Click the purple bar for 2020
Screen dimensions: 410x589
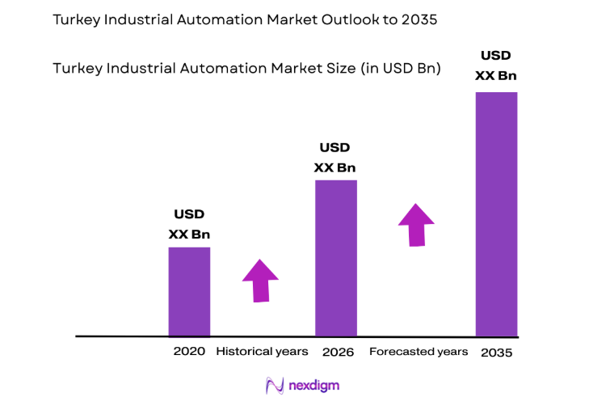(x=189, y=291)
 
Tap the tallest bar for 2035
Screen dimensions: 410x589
(x=496, y=213)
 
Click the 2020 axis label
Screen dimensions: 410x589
(x=189, y=352)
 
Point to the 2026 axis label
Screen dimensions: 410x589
(x=338, y=352)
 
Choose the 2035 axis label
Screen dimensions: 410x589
(x=496, y=353)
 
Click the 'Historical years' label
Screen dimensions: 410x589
(x=262, y=352)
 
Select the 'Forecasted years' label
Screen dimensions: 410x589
(x=418, y=352)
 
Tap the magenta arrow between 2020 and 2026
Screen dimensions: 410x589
(x=260, y=281)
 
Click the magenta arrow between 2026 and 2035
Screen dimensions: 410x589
(x=416, y=224)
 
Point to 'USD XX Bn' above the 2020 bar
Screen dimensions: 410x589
(x=189, y=224)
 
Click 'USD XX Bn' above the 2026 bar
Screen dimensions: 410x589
(x=334, y=158)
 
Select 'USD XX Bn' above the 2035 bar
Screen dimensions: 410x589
(x=496, y=66)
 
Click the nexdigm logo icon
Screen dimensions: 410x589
(x=275, y=386)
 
